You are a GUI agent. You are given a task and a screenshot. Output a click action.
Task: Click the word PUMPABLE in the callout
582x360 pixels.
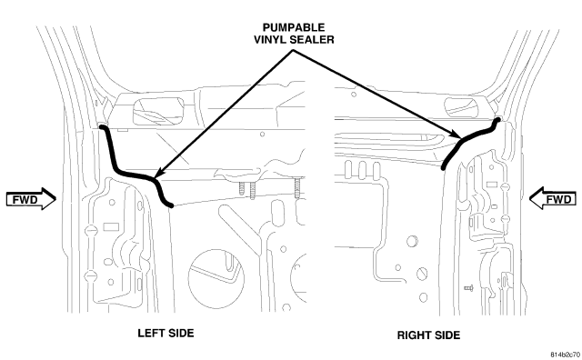tap(294, 27)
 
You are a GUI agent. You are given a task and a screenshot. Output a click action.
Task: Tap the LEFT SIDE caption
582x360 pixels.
tap(166, 333)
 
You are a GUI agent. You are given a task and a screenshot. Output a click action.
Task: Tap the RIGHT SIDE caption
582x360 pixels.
tap(428, 335)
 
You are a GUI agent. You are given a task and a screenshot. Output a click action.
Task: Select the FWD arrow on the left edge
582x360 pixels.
tap(31, 199)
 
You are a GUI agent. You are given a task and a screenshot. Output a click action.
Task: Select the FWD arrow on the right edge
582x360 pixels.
tap(553, 198)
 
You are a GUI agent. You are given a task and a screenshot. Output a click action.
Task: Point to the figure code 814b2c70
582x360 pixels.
tap(566, 354)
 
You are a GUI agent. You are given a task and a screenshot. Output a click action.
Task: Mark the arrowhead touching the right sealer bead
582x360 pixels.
tap(457, 135)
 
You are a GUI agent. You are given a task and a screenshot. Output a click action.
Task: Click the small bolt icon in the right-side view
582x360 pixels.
tap(468, 287)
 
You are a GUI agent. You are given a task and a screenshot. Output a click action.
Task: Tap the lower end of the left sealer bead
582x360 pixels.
tap(170, 205)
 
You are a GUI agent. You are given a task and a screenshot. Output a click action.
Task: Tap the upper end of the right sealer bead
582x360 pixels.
tap(497, 120)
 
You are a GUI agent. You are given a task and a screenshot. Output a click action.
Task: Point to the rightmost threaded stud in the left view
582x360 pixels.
tap(297, 188)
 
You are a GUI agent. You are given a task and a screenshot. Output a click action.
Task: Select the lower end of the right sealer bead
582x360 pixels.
tap(443, 167)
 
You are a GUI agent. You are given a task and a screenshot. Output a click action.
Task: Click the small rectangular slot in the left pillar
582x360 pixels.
tap(111, 226)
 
